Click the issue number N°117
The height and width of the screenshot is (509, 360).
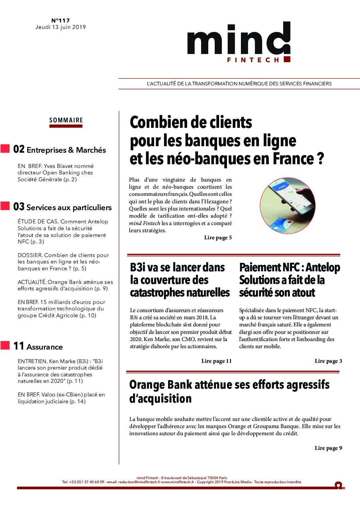(61, 20)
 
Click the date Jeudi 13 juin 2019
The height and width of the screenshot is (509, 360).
(61, 27)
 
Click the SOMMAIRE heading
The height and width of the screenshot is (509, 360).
(66, 120)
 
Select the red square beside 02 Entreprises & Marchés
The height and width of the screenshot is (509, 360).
(5, 149)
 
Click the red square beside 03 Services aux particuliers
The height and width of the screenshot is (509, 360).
(5, 206)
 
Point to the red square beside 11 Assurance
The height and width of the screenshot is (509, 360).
(5, 345)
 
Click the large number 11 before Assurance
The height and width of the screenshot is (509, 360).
(19, 346)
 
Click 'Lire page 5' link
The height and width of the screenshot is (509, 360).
(218, 238)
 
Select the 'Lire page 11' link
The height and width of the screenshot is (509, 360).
(216, 361)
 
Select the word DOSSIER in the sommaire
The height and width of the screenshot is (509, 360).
(30, 255)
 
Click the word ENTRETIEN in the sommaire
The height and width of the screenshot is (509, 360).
(33, 361)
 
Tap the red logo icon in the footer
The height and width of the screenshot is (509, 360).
(339, 485)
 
